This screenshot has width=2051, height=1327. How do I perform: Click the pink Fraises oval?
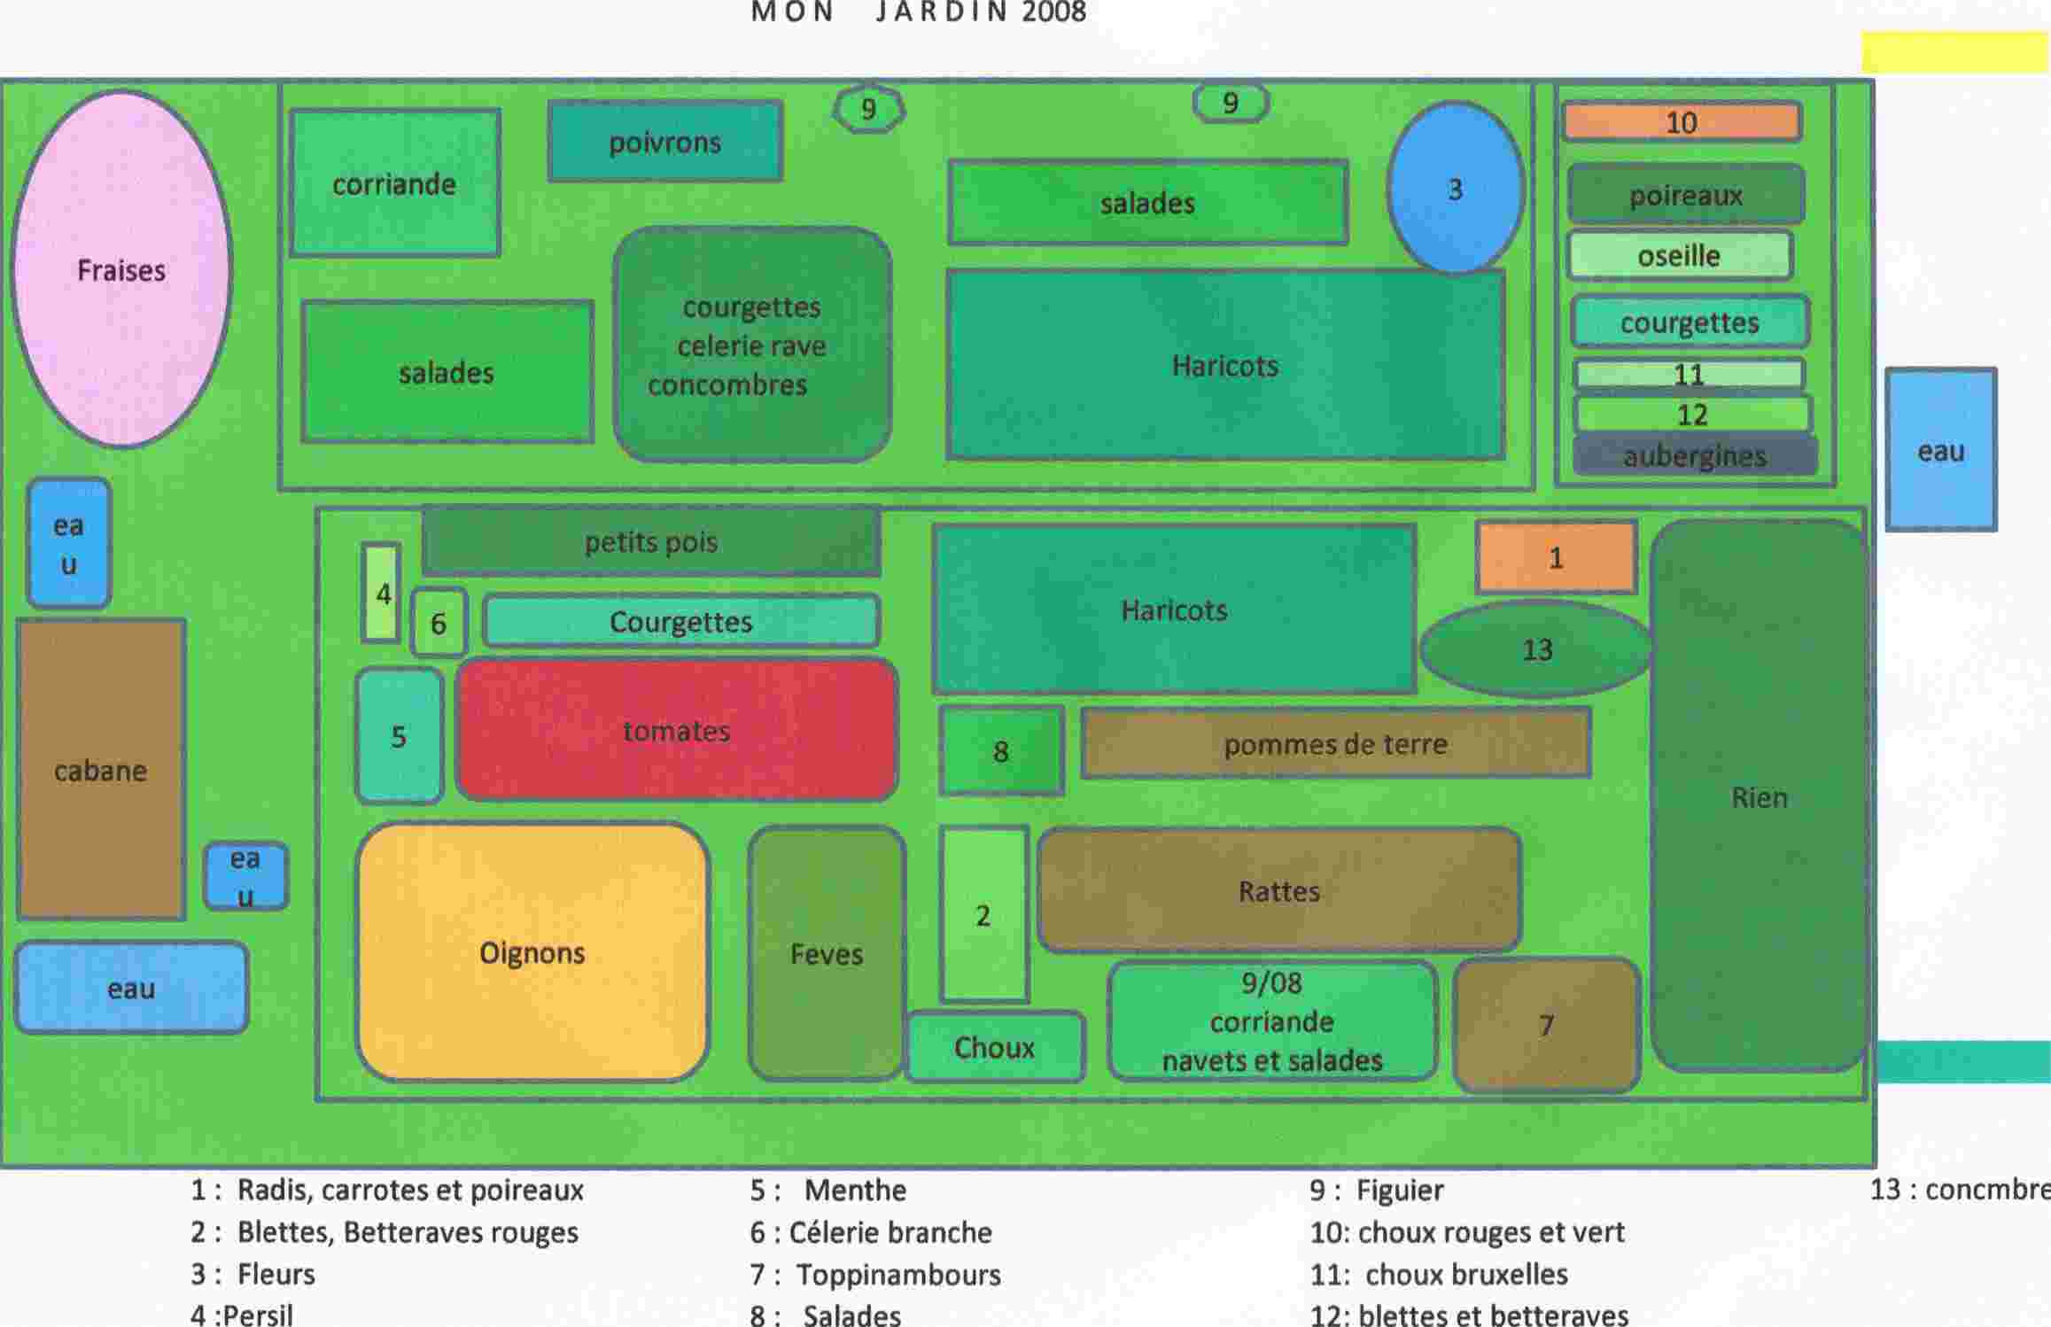tap(121, 268)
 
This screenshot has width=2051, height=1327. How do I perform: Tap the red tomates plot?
tap(677, 730)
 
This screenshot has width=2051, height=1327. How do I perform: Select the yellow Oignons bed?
tap(532, 952)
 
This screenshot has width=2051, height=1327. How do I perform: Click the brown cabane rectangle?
tap(101, 770)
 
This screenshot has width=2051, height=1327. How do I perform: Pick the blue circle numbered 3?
tap(1455, 188)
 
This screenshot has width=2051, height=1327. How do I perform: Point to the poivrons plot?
tap(664, 142)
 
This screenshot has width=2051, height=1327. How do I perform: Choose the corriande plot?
tap(394, 183)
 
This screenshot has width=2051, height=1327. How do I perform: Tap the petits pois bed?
tap(651, 541)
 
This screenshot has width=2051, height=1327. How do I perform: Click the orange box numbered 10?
tap(1682, 122)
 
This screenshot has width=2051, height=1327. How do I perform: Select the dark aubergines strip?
tap(1694, 455)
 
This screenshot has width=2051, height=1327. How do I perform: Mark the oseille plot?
tap(1679, 256)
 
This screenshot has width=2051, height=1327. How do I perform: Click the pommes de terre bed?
tap(1335, 744)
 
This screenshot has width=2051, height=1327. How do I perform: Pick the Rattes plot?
tap(1278, 890)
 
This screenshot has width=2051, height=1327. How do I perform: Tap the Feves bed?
tap(826, 953)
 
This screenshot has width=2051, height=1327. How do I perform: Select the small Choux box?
tap(994, 1047)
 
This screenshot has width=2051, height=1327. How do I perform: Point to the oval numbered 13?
tap(1537, 649)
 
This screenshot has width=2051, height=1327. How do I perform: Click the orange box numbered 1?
tap(1556, 557)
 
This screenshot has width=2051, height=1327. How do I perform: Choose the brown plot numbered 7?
tap(1546, 1025)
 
